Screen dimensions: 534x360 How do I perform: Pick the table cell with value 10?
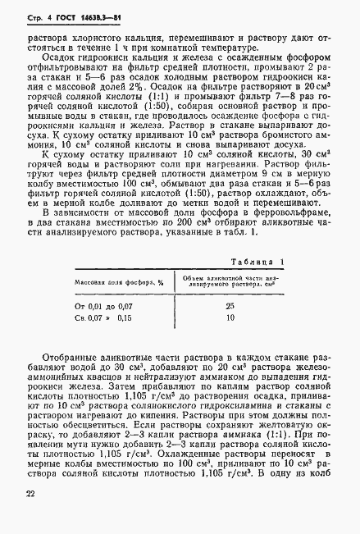(x=230, y=317)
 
